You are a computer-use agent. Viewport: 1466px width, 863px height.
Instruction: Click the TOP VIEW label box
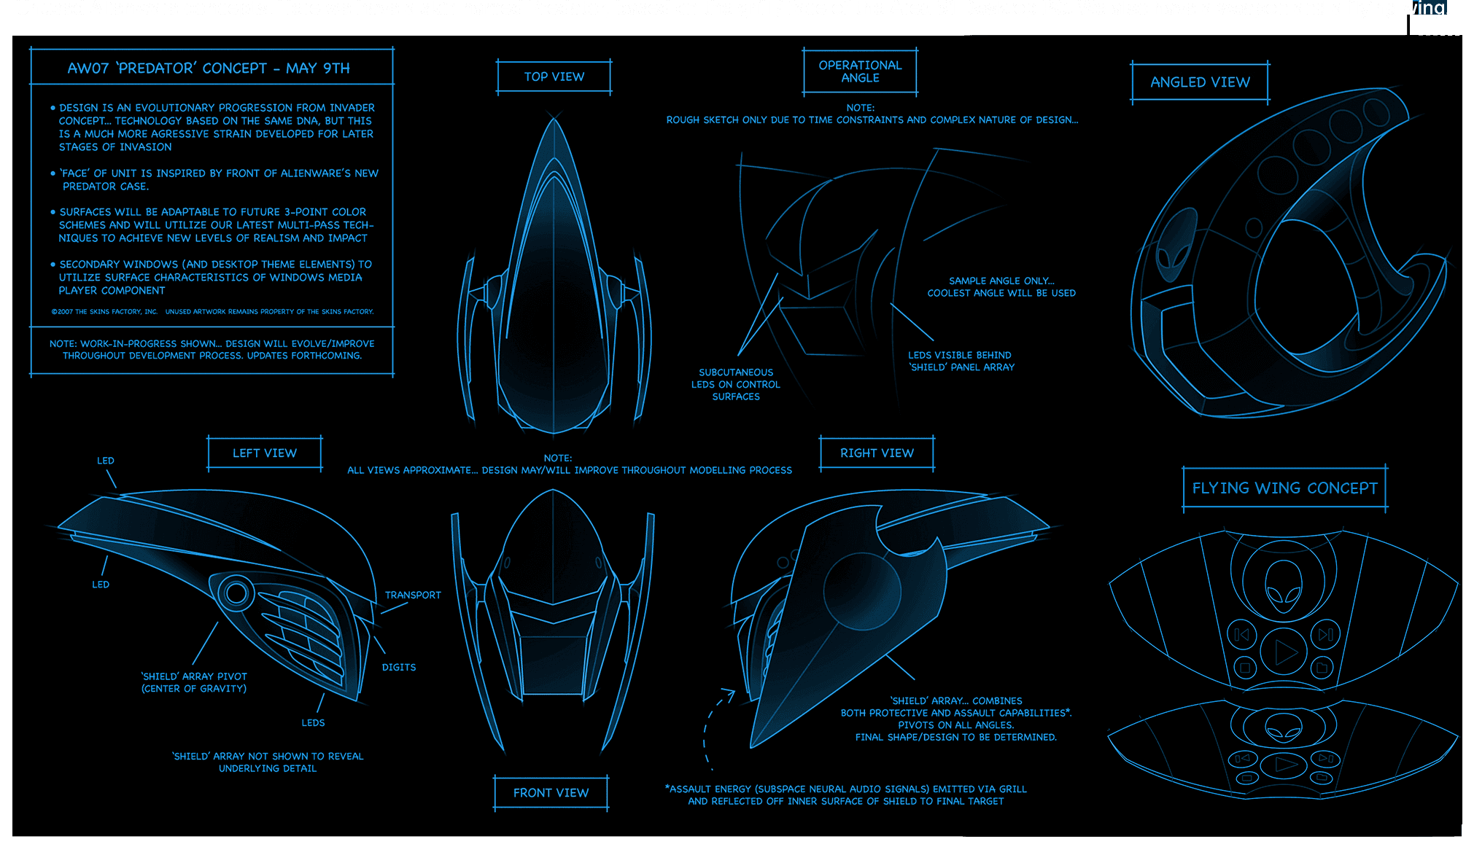[x=554, y=77]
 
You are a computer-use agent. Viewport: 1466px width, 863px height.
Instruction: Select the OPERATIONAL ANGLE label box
[x=860, y=71]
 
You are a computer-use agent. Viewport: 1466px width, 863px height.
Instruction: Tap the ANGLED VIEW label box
[x=1200, y=82]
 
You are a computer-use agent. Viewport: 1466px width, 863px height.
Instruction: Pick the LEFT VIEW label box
[x=264, y=453]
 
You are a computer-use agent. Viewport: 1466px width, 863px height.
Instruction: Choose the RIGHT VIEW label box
[x=877, y=453]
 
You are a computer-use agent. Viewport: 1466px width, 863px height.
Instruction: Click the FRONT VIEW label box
[x=551, y=793]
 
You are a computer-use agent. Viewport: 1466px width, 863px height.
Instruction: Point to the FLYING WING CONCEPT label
[x=1284, y=488]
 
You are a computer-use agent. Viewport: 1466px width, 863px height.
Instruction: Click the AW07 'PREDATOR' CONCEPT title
[x=209, y=69]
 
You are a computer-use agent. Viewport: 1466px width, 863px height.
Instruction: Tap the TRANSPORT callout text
[x=413, y=595]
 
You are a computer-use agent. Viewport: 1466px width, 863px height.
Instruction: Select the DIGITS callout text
[x=399, y=668]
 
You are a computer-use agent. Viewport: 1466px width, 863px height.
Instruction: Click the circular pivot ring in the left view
[x=236, y=593]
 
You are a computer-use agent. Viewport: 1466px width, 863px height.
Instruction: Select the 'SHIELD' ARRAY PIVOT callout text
[x=194, y=682]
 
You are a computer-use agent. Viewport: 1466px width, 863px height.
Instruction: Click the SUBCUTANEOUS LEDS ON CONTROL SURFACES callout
[x=736, y=384]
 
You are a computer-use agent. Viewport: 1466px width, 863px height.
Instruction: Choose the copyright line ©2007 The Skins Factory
[x=212, y=312]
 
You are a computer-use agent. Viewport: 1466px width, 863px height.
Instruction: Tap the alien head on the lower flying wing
[x=1283, y=727]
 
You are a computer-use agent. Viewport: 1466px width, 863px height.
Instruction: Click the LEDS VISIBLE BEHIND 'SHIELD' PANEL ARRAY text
[x=961, y=361]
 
